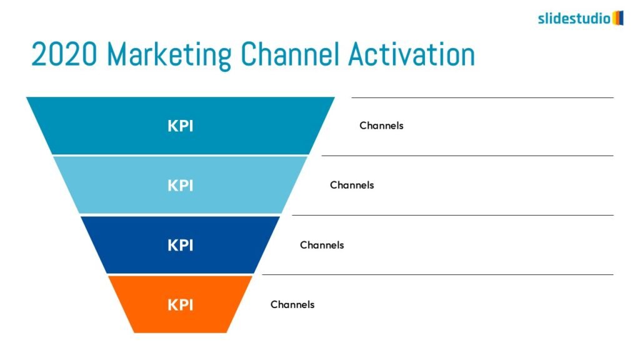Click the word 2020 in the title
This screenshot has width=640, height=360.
pos(64,54)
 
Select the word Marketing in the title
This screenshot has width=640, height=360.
pos(169,56)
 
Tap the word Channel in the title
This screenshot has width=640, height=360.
pos(290,54)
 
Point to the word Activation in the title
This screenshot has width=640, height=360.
pos(411,54)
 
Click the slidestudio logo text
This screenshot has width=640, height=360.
pos(574,18)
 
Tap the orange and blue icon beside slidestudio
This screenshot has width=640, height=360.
pos(618,18)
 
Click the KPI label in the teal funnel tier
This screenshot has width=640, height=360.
pos(181,126)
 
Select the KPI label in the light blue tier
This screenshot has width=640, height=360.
pos(181,185)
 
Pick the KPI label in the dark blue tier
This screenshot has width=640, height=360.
pos(181,245)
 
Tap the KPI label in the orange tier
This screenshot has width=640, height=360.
pos(181,304)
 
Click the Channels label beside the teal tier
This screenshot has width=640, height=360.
pos(381,125)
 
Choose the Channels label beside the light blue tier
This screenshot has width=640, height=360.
pos(352,185)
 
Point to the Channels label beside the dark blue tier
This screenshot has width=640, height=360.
pos(322,245)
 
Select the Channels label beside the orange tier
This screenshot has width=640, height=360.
pos(292,304)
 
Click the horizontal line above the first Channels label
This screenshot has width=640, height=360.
pos(482,97)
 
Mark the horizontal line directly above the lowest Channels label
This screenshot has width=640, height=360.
pos(437,275)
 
